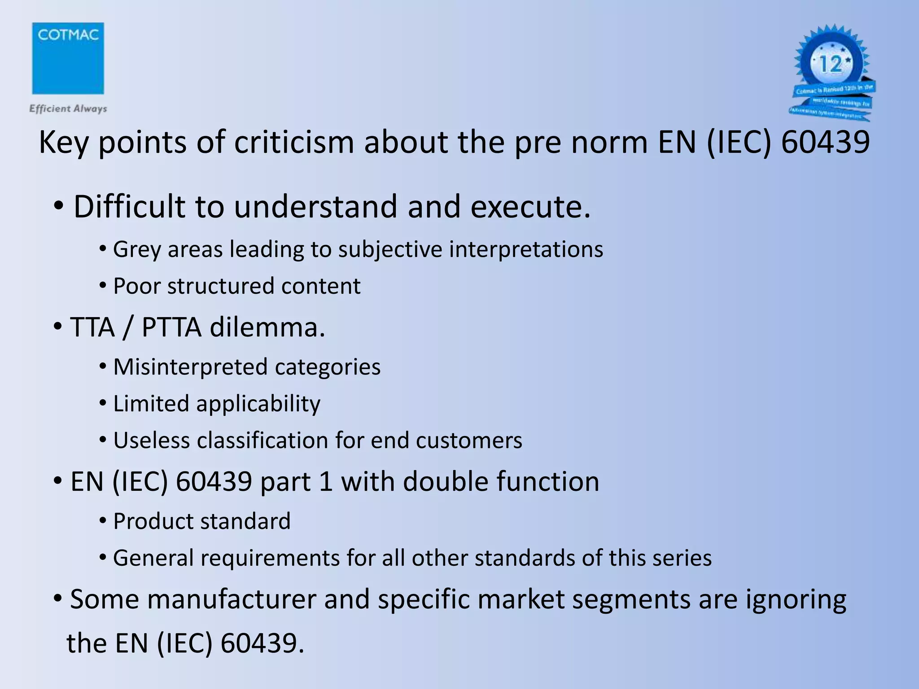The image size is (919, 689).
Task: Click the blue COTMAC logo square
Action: (68, 58)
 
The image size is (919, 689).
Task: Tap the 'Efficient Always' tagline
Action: (68, 109)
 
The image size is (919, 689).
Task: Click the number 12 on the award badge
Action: (831, 64)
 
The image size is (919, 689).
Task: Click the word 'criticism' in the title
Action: (294, 142)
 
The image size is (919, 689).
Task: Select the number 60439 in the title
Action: (825, 142)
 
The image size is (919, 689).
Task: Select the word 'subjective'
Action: (390, 249)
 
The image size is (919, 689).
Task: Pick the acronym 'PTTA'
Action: (171, 327)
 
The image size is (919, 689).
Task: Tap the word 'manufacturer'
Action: (232, 599)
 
